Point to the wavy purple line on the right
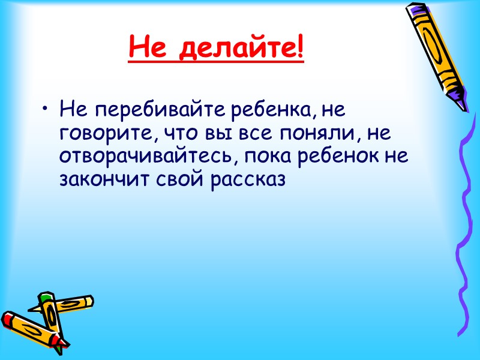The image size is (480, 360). [463, 228]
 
